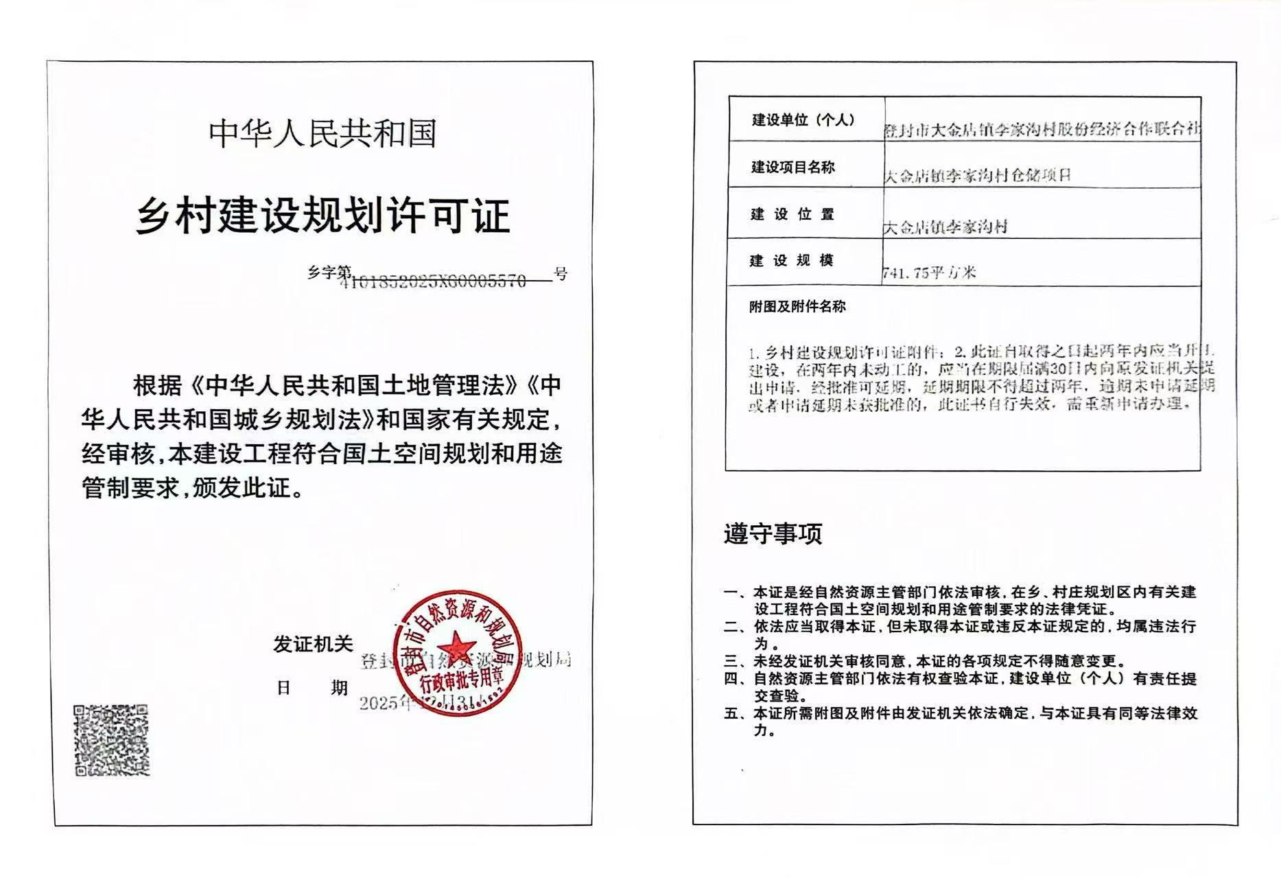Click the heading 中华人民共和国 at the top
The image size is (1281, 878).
click(322, 133)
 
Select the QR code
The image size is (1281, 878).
click(111, 740)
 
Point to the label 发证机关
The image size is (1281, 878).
click(313, 644)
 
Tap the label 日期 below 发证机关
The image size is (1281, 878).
click(312, 687)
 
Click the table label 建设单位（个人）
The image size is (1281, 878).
click(803, 120)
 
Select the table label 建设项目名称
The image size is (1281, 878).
click(792, 167)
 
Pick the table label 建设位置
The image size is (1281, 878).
click(792, 214)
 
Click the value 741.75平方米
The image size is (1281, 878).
click(930, 273)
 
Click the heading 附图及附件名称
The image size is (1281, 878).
click(797, 307)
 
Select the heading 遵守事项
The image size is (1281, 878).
click(773, 533)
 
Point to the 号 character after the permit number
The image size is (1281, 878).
click(561, 275)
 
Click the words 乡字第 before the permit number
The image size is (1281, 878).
click(329, 273)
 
